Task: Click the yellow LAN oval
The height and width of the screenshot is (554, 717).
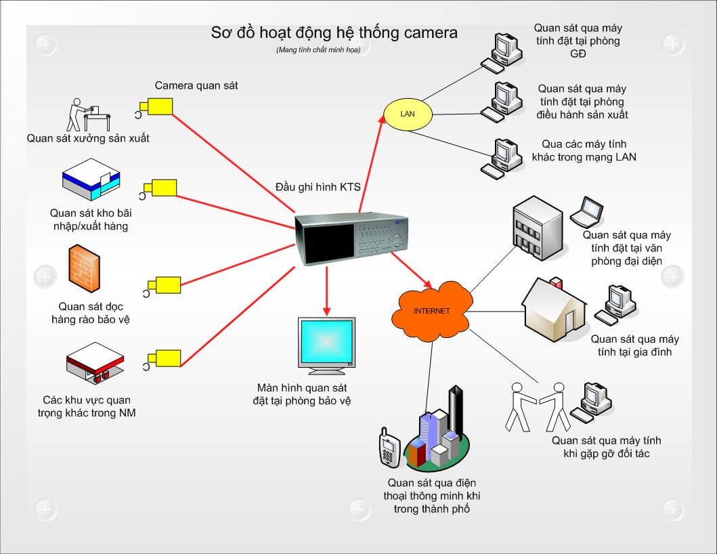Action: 407,114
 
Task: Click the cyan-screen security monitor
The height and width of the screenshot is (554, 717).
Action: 326,345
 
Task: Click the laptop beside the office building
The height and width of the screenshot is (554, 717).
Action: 586,212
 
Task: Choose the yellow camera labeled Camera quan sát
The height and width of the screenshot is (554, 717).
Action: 158,106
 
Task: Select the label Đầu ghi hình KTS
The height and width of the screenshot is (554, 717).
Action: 318,187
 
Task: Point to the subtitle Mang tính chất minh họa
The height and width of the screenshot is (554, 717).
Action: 318,50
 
